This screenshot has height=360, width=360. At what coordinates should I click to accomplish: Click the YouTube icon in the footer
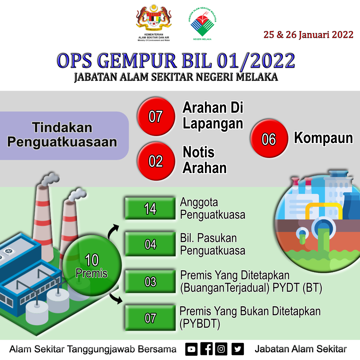191,349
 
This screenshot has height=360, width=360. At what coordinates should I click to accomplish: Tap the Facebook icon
206,349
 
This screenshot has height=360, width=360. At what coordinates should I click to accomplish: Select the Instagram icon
221,349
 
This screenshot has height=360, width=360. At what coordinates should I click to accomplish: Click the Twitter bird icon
238,349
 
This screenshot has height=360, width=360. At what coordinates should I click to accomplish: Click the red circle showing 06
269,138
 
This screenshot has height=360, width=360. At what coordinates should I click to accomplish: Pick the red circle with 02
156,161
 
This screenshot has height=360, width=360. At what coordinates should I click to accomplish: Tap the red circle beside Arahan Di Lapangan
156,116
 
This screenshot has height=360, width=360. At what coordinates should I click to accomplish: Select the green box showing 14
150,208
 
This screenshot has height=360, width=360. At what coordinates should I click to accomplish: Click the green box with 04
150,244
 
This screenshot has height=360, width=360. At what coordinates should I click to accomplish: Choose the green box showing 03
150,281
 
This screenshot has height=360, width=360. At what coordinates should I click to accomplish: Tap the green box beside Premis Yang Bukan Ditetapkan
150,318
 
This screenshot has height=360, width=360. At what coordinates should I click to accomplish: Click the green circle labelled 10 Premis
92,265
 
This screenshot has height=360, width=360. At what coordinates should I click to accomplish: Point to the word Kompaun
323,138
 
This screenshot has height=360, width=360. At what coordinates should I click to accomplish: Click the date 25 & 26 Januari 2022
308,35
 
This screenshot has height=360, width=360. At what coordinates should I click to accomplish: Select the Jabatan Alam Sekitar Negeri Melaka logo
202,23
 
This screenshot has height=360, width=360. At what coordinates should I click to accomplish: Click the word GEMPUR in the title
137,61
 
